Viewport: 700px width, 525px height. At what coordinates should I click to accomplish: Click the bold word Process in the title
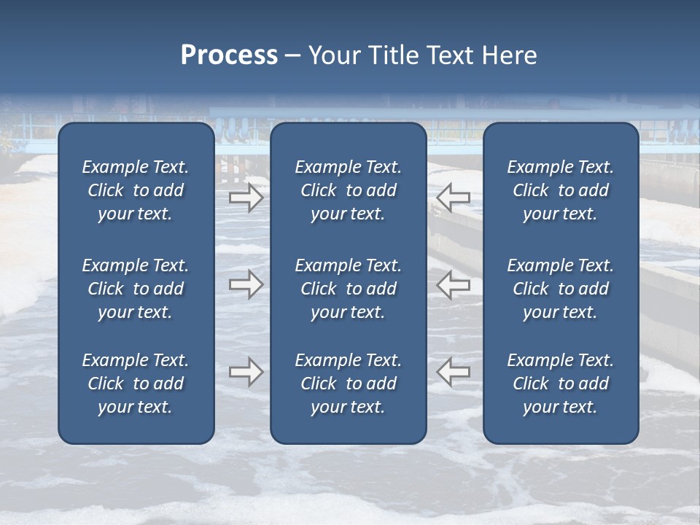(229, 55)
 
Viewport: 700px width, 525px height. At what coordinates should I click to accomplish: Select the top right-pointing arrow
(246, 197)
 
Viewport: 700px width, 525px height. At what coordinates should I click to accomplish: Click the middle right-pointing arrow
(246, 284)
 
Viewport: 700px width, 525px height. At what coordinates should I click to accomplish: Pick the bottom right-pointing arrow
(246, 372)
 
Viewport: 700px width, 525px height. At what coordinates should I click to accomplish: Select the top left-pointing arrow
(453, 197)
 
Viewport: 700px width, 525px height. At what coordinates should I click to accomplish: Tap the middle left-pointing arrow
(453, 284)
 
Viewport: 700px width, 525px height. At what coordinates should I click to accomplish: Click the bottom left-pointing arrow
(453, 372)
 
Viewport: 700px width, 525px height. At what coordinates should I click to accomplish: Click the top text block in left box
(136, 190)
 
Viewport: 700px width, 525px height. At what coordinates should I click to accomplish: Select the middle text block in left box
(136, 289)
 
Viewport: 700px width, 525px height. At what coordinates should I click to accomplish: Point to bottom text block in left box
(136, 384)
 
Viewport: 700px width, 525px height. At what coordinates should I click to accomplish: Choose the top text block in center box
(348, 190)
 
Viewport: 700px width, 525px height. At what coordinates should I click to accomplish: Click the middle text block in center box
(348, 289)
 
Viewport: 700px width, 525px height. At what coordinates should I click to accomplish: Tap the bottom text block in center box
(348, 384)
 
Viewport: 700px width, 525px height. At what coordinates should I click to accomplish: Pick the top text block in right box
(560, 190)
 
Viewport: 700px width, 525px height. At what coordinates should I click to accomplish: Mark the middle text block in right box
(560, 289)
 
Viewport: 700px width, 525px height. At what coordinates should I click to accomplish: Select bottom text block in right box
(560, 384)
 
